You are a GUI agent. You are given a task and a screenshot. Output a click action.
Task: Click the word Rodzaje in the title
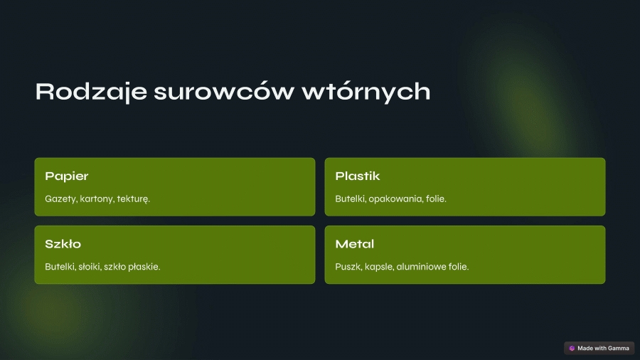(x=91, y=92)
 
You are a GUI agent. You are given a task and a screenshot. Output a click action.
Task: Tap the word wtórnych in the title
(x=366, y=92)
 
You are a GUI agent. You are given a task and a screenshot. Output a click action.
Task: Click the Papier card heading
(x=67, y=176)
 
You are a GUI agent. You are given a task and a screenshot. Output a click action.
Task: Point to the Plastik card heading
(x=358, y=176)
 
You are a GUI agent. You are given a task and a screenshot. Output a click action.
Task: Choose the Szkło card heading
(x=63, y=243)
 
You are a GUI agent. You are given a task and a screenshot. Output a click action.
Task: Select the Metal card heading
(x=355, y=243)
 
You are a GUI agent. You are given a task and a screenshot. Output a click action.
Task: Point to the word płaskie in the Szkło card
(x=144, y=267)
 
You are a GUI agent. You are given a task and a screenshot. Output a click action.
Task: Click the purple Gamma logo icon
(x=572, y=348)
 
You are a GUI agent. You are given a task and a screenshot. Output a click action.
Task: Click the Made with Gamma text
(x=603, y=348)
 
